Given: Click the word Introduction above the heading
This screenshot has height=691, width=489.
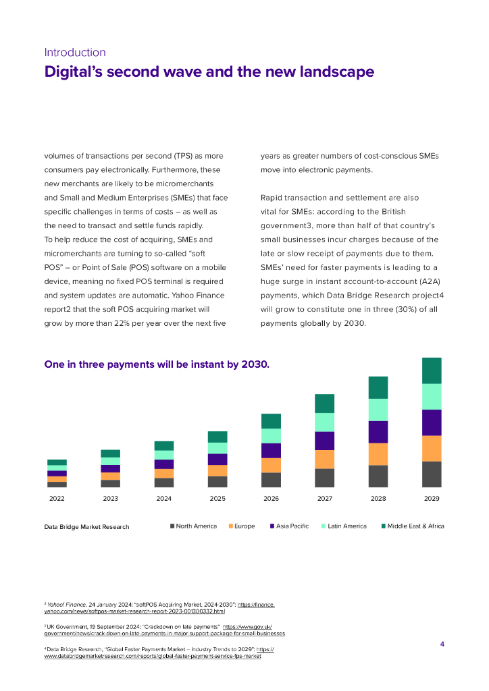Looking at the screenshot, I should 75,52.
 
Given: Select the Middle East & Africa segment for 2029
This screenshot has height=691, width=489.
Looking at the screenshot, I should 432,370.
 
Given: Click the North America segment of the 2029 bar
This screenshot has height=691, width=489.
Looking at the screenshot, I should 432,474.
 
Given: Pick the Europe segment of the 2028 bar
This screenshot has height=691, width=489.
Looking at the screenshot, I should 378,454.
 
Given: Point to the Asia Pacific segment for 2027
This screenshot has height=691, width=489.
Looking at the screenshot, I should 325,441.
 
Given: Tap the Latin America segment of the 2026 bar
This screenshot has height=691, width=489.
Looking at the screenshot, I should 271,436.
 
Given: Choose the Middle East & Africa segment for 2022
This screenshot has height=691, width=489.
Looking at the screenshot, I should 57,462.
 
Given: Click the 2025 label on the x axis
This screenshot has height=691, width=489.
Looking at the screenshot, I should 217,499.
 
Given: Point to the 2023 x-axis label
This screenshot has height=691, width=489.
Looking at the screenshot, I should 110,499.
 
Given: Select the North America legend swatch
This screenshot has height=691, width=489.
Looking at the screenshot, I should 172,526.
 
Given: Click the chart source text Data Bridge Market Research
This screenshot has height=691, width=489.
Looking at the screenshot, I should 86,526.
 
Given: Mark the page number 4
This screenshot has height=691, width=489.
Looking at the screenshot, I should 442,644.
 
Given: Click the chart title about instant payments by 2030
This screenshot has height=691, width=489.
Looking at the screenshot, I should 157,365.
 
